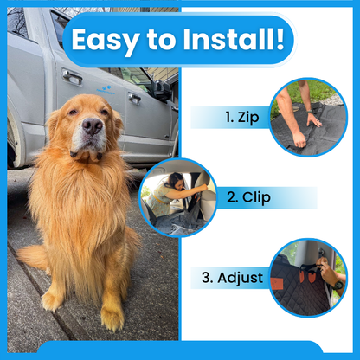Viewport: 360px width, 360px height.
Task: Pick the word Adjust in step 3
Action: [243, 279]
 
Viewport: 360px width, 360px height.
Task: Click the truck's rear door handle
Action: [73, 79]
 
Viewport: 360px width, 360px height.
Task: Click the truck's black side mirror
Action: [160, 90]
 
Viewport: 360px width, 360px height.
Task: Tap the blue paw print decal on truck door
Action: [105, 87]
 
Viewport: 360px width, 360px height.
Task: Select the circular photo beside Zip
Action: [308, 118]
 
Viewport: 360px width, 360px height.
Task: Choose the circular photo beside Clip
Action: [178, 197]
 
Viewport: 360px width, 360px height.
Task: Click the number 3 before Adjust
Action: [207, 279]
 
